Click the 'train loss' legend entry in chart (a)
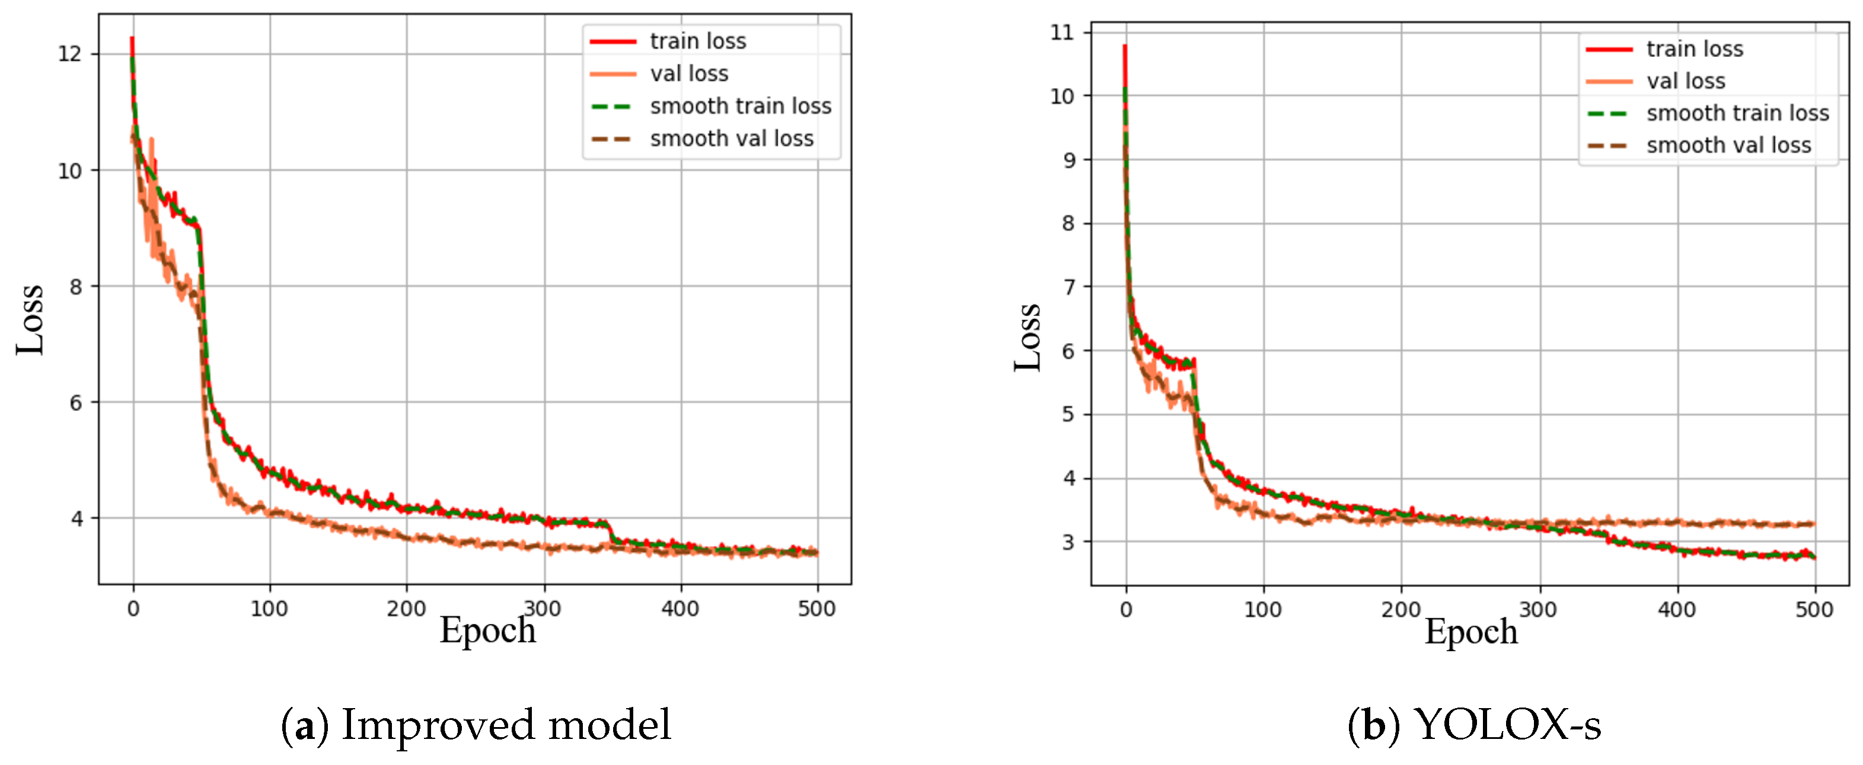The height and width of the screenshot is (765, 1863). [697, 41]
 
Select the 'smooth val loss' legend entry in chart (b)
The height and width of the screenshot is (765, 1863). [1728, 145]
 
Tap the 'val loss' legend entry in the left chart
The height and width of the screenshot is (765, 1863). [688, 73]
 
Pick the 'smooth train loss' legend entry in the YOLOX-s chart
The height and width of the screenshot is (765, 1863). [1737, 114]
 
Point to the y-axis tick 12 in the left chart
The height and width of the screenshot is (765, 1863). [69, 55]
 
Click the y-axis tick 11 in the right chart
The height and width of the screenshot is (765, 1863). [1062, 33]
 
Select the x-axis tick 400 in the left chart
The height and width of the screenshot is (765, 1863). [680, 609]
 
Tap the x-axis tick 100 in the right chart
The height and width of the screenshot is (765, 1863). [1263, 610]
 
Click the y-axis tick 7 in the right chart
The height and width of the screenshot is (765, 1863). [1068, 287]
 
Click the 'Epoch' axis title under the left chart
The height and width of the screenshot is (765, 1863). [487, 630]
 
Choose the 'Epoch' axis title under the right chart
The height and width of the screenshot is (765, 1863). [1470, 631]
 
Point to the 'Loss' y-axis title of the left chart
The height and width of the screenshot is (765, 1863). [30, 319]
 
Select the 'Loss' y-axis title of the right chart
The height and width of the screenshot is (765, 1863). [1027, 337]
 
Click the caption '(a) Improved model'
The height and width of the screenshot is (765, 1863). [476, 725]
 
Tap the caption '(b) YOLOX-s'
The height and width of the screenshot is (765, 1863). [1474, 725]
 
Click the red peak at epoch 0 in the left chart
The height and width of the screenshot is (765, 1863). [132, 39]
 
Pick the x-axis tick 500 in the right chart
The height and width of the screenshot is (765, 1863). [1814, 610]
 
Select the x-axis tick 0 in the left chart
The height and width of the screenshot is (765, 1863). [133, 609]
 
